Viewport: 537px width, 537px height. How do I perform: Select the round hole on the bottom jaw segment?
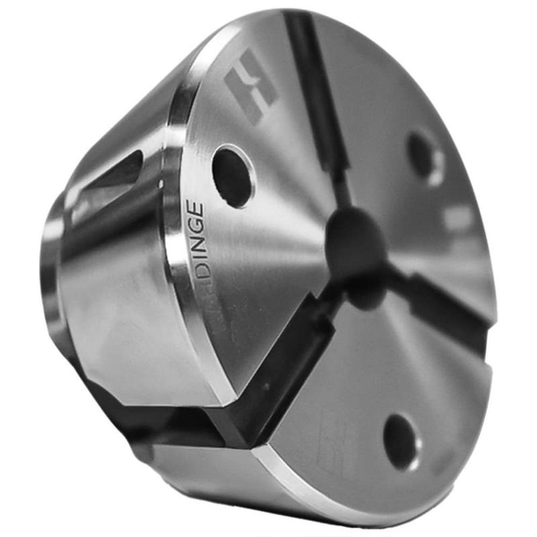point(401,440)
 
